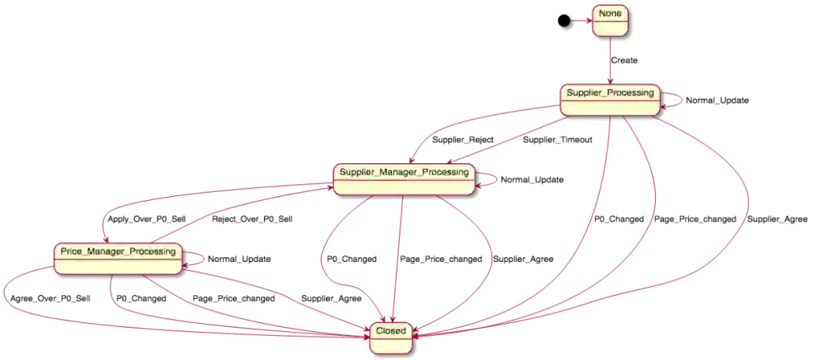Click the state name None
610,14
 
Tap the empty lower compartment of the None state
610,28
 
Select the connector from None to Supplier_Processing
610,60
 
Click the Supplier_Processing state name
610,93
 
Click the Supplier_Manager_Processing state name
404,172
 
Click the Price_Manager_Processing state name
118,251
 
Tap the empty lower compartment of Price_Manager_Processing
118,266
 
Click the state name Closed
391,331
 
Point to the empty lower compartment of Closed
391,345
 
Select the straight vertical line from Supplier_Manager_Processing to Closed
400,257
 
